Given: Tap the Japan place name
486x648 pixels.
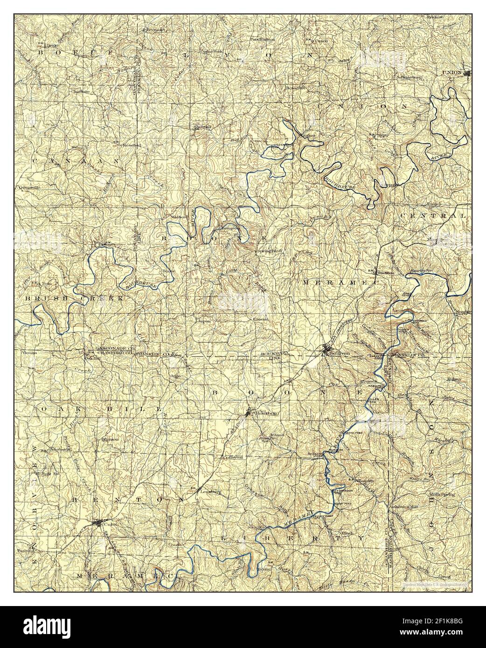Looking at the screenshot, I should [x=204, y=321].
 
